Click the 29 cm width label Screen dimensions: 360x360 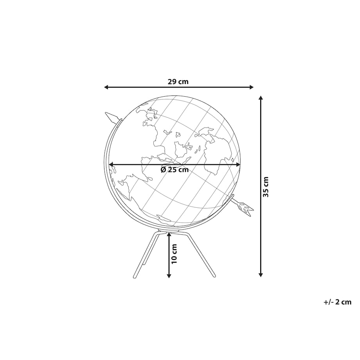point(178,81)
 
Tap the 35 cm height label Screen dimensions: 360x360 point(266,187)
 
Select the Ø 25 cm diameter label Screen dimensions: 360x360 point(175,170)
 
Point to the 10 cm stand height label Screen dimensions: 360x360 point(174,254)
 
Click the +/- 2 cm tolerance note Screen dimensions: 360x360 point(337,302)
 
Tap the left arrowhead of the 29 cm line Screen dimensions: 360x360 point(106,87)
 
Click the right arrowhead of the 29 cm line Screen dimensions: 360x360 point(251,87)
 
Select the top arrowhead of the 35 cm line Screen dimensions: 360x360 point(260,98)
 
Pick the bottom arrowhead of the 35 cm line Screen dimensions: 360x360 point(260,275)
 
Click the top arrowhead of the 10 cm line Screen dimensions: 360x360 point(169,234)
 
